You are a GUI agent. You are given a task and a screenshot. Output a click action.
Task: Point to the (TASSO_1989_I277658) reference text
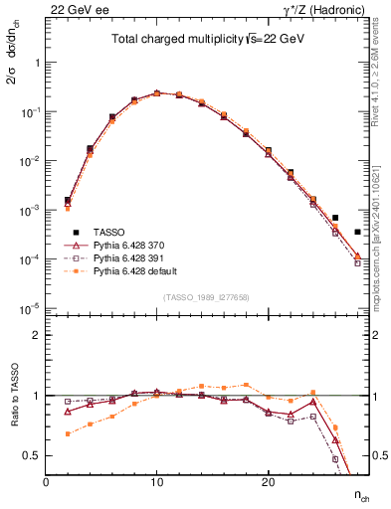(x=207, y=297)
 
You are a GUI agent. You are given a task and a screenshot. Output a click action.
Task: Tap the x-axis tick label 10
(x=156, y=481)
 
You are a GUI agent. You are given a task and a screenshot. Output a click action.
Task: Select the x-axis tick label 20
(x=268, y=481)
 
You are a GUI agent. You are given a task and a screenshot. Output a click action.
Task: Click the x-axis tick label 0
(x=46, y=481)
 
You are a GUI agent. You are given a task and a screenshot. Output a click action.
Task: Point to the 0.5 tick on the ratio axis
(x=33, y=455)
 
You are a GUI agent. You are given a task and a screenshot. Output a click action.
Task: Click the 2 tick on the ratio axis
(x=37, y=335)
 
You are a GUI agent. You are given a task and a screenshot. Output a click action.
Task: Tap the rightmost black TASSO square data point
(x=357, y=232)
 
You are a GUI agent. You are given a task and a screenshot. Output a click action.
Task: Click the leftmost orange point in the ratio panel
(x=68, y=433)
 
